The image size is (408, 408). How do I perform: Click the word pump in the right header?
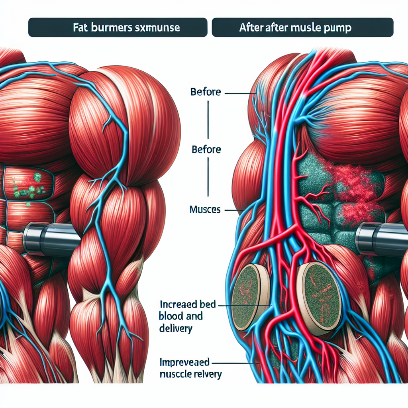(339, 28)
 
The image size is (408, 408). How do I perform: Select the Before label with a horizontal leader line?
(206, 92)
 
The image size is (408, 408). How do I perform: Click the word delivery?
(176, 329)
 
